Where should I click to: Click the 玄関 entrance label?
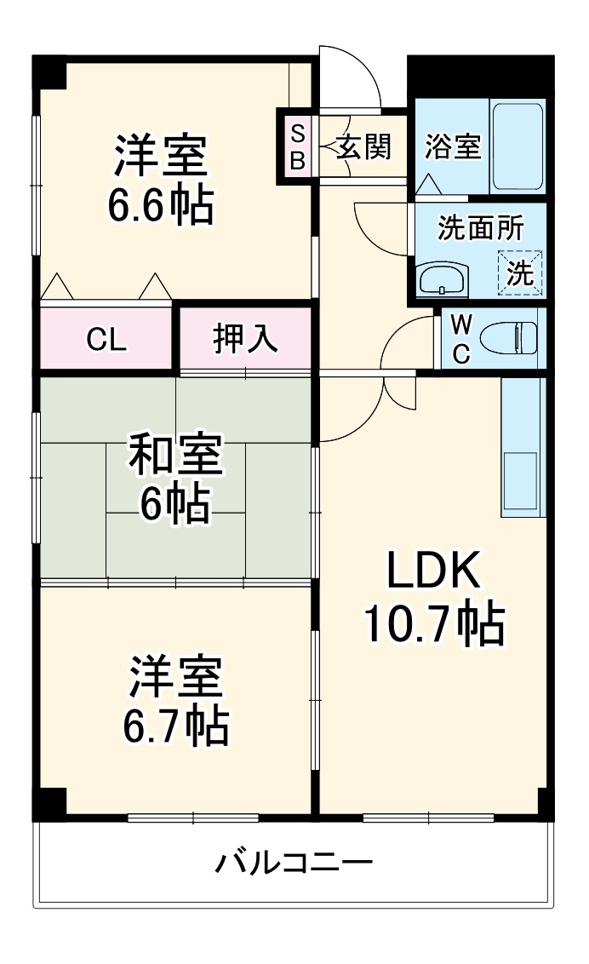pyautogui.click(x=363, y=146)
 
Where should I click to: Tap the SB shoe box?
pyautogui.click(x=297, y=146)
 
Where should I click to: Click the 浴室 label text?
pyautogui.click(x=453, y=146)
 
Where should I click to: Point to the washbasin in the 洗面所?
pyautogui.click(x=442, y=278)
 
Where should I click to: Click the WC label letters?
pyautogui.click(x=460, y=339)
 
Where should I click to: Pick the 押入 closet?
pyautogui.click(x=244, y=338)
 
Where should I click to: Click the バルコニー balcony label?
pyautogui.click(x=293, y=865)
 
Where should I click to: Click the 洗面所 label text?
pyautogui.click(x=481, y=228)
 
